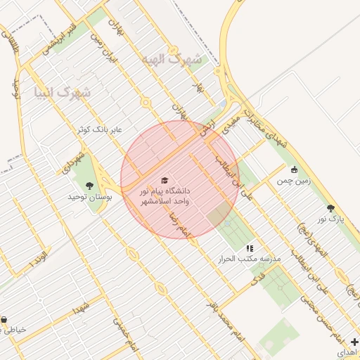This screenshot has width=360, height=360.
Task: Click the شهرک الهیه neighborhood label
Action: [172, 59]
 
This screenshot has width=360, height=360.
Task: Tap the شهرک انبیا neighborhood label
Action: [62, 92]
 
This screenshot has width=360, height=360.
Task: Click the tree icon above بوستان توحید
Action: [89, 186]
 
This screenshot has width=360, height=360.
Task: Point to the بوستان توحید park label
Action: [89, 198]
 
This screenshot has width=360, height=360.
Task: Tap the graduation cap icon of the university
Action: [165, 181]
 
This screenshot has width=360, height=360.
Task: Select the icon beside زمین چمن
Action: [294, 169]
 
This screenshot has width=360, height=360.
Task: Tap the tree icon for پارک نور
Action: [330, 208]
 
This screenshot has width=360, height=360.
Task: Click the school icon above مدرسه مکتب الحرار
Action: [249, 248]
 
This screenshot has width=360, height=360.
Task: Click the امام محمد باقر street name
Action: [224, 321]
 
